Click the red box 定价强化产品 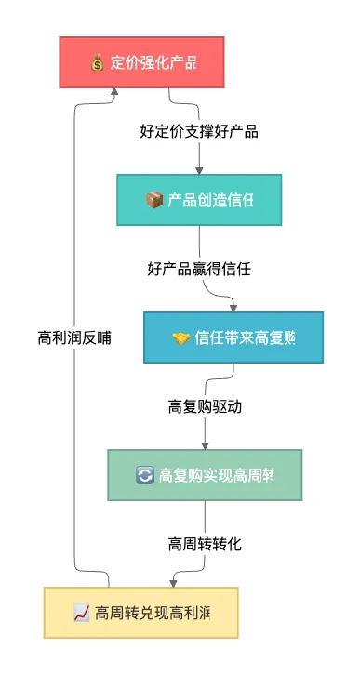tap(141, 63)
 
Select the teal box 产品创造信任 tap(199, 200)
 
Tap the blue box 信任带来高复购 tap(233, 337)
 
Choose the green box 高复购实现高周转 tap(205, 475)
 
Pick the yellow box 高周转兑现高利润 tap(140, 612)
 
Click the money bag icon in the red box tap(98, 63)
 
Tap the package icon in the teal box tap(154, 200)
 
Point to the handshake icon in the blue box tap(180, 337)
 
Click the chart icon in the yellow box tap(81, 613)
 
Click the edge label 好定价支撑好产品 tap(198, 131)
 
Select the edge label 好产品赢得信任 tap(199, 269)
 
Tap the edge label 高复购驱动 tap(205, 406)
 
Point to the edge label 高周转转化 tap(205, 544)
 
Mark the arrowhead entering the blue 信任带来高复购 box tap(233, 307)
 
